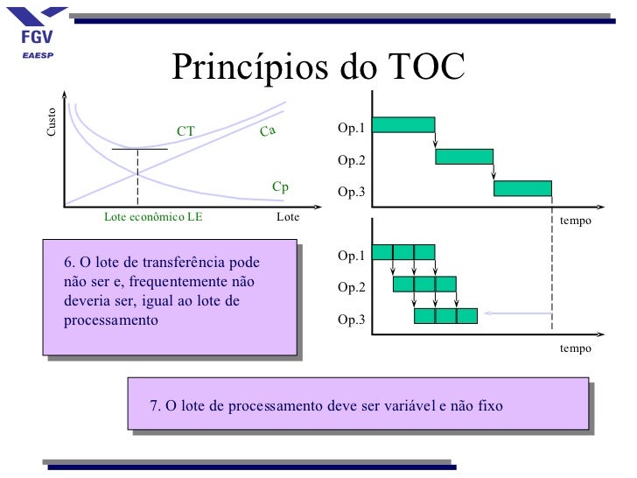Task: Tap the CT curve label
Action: click(185, 132)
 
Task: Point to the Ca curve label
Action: click(268, 131)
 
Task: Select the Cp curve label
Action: click(280, 187)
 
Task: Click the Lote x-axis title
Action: click(287, 217)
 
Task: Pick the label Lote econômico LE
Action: click(153, 217)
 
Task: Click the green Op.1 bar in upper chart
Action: click(403, 124)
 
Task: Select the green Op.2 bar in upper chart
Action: click(464, 157)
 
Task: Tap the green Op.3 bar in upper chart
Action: click(522, 188)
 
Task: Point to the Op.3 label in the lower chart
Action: click(352, 320)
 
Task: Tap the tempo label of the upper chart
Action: click(575, 221)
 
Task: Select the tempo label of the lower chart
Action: click(575, 348)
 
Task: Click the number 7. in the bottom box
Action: click(156, 406)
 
